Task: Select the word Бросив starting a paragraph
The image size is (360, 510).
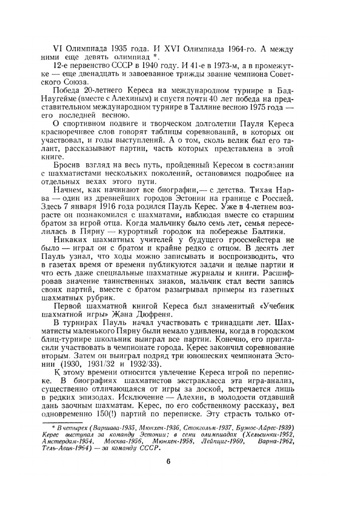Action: coord(65,165)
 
